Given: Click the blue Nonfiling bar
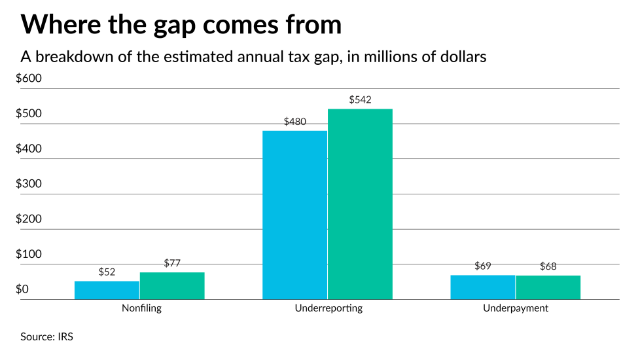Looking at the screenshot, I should pyautogui.click(x=107, y=290).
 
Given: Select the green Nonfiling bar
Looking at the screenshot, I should pyautogui.click(x=172, y=286).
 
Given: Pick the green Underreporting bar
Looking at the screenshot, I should pyautogui.click(x=360, y=204).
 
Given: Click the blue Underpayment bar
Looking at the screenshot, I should pyautogui.click(x=483, y=287).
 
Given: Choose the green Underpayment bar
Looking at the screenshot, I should pyautogui.click(x=548, y=287).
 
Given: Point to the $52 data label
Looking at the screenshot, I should pyautogui.click(x=107, y=272).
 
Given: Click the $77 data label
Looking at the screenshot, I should pyautogui.click(x=172, y=263).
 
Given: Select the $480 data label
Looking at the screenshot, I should pyautogui.click(x=295, y=122).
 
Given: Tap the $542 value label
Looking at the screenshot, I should pyautogui.click(x=360, y=100).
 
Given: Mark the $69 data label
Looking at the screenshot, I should pyautogui.click(x=483, y=266).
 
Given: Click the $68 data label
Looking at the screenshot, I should pyautogui.click(x=548, y=266).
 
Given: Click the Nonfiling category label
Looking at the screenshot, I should pyautogui.click(x=141, y=308).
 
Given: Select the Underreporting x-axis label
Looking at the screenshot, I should pyautogui.click(x=328, y=308).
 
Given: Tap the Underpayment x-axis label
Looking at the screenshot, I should pyautogui.click(x=516, y=308).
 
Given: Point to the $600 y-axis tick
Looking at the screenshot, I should pyautogui.click(x=29, y=79).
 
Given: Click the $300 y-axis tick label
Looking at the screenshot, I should pyautogui.click(x=29, y=184).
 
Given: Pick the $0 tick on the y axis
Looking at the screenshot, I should pyautogui.click(x=22, y=289).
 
